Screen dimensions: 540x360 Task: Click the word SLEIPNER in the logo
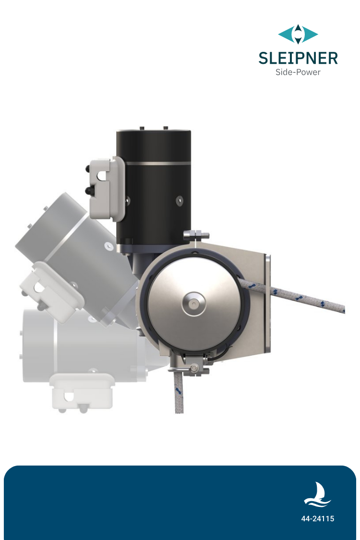[298, 58]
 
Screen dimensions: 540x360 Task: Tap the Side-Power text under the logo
[298, 72]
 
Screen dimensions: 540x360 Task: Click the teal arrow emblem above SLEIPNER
[298, 35]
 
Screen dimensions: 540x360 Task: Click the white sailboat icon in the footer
[317, 495]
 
